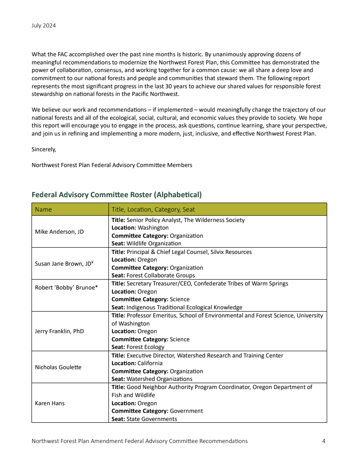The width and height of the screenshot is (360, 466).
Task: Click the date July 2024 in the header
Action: pos(44,26)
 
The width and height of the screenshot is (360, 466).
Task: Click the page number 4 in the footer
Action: pos(324,441)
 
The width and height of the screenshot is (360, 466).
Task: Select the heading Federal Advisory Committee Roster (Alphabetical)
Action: pos(117,195)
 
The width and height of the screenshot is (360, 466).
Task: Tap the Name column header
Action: pos(44,209)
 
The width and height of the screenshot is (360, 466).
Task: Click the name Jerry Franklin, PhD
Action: pos(59,331)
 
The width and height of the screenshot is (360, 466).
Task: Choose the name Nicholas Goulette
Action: pos(58,367)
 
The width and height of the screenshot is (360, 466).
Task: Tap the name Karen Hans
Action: pos(49,403)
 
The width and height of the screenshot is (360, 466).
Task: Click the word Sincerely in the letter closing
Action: pos(44,149)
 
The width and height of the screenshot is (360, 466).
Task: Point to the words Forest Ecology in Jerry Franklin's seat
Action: pos(145,347)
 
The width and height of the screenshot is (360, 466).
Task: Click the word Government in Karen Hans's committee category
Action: pos(186,411)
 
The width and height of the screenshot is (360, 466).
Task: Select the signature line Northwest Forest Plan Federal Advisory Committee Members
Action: pos(112,165)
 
